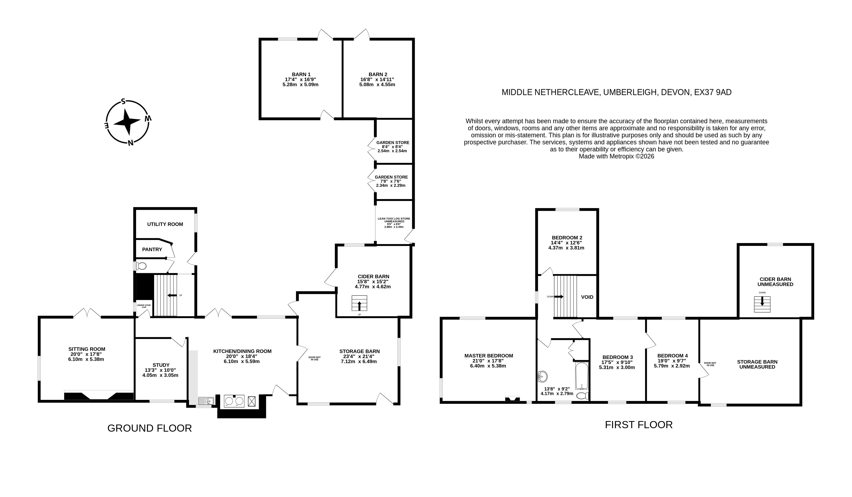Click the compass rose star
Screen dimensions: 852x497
(127, 122)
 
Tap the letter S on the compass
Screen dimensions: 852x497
(123, 101)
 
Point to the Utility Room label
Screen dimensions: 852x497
(165, 224)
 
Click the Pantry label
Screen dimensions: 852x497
(152, 250)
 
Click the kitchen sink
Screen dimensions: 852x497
(205, 401)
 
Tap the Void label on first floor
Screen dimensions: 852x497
(587, 297)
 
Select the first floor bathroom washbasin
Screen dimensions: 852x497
(542, 376)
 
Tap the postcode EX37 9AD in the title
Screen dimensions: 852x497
(713, 92)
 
